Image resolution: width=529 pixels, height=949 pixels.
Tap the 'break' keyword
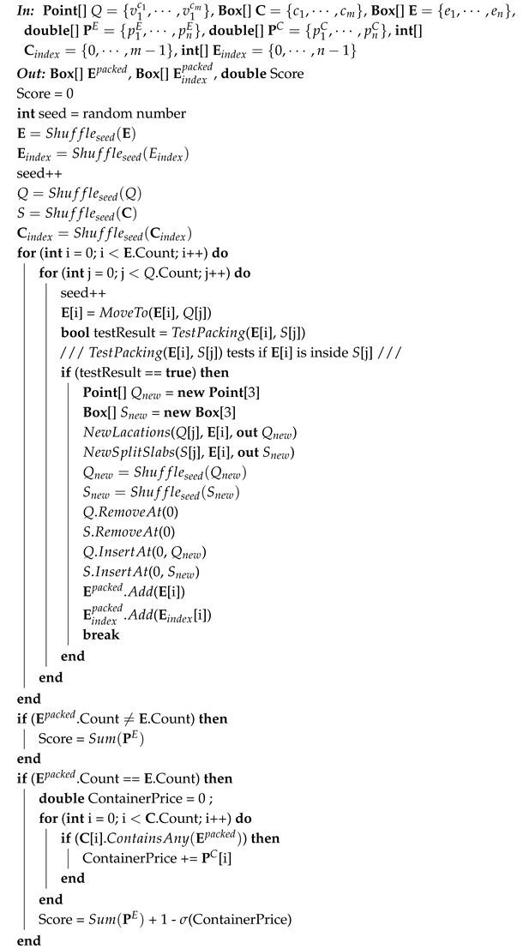click(100, 634)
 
